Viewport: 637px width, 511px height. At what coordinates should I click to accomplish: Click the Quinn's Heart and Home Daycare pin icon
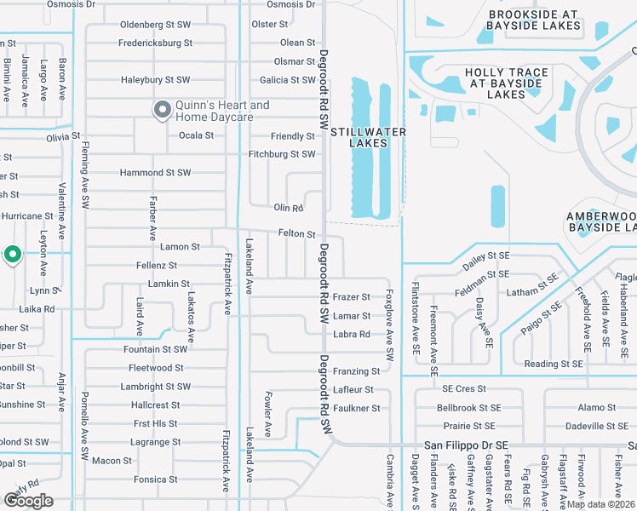161,109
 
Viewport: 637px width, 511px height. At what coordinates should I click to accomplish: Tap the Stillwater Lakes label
367,137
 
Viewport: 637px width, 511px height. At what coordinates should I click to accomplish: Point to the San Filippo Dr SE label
466,445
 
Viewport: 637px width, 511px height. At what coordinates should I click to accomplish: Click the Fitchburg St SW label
282,154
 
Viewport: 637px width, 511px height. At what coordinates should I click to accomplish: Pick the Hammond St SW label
155,173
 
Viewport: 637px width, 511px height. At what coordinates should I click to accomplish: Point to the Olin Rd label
289,208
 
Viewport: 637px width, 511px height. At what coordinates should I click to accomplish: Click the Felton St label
297,233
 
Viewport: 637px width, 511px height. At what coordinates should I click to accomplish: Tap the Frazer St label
351,297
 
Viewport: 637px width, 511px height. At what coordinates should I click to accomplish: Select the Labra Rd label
351,335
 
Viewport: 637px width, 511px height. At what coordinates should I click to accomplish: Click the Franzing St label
356,371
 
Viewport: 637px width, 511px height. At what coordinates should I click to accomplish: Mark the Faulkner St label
356,409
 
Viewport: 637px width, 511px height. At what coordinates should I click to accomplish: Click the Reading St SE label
554,364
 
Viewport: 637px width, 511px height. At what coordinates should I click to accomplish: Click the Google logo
28,501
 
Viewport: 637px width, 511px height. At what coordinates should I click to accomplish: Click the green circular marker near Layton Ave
12,254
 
